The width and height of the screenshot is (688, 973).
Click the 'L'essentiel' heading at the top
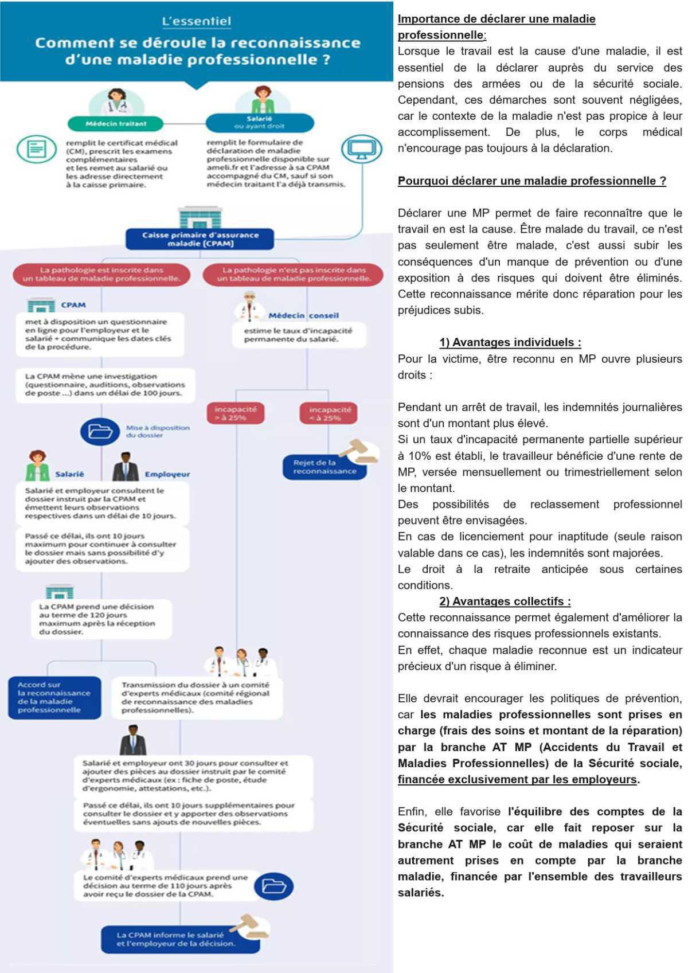pos(197,22)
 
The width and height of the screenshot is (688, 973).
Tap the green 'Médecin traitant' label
pos(116,123)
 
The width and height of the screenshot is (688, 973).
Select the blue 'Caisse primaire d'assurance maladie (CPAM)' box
pos(200,239)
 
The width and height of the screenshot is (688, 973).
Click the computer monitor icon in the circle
pos(361,150)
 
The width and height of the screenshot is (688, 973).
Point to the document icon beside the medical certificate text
pos(37,149)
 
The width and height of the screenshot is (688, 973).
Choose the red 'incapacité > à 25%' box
pos(236,413)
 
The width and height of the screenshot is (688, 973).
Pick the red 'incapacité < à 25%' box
pos(329,413)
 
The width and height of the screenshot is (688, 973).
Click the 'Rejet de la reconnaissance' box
pos(324,467)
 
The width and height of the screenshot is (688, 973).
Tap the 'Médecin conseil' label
pos(303,315)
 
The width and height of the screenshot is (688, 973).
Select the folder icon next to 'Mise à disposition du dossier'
pos(100,431)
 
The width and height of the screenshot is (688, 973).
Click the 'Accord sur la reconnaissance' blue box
pos(54,697)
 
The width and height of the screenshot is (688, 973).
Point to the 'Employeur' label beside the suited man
pos(167,474)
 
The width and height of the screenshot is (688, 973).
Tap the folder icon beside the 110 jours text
pos(273,885)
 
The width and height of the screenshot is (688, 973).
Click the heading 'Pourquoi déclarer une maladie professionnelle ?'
pos(531,181)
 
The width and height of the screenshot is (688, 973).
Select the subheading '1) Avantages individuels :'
pos(510,343)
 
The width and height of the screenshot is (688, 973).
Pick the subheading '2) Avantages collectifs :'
pos(505,601)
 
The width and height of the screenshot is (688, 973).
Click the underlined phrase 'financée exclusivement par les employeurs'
pos(517,780)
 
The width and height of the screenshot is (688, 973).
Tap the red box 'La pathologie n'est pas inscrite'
pos(294,274)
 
